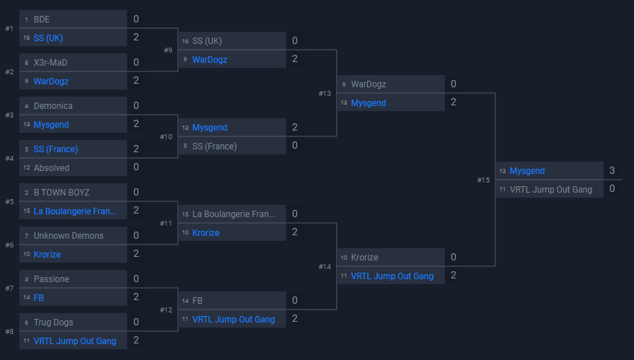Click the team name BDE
tap(42, 19)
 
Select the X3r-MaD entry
tap(50, 63)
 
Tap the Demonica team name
tap(53, 106)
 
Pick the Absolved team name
tap(52, 168)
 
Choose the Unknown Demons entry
tap(69, 236)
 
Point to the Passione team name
tap(51, 279)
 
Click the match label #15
tap(483, 180)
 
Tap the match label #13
tap(325, 93)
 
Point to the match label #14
tap(325, 266)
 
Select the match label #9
tap(168, 50)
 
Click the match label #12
tap(166, 309)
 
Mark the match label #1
tap(9, 28)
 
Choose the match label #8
tap(9, 331)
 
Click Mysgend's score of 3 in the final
tap(612, 170)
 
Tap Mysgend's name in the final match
tap(527, 171)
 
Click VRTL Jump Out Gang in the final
tap(551, 190)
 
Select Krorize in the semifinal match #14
tap(364, 258)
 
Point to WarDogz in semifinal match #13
tap(369, 84)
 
